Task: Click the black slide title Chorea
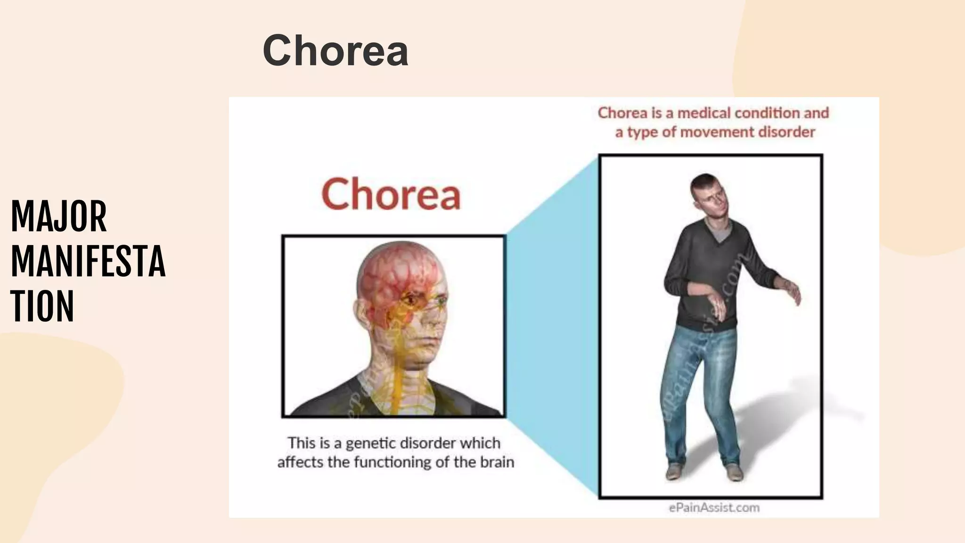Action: click(x=335, y=51)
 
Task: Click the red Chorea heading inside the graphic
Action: click(x=391, y=194)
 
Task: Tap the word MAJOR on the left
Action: click(x=59, y=217)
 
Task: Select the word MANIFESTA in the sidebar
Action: click(x=88, y=262)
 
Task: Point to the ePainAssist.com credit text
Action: click(x=714, y=508)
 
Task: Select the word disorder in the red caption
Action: click(x=787, y=132)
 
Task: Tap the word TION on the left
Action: click(x=42, y=306)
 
